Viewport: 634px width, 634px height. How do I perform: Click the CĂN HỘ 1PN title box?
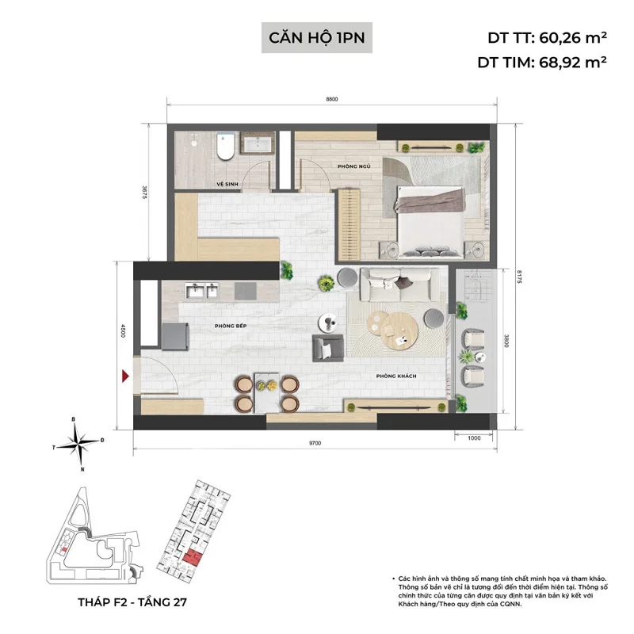pyautogui.click(x=317, y=37)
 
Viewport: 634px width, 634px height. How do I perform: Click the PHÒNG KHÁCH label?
pyautogui.click(x=397, y=376)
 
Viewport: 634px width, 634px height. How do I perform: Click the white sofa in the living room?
pyautogui.click(x=393, y=281)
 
